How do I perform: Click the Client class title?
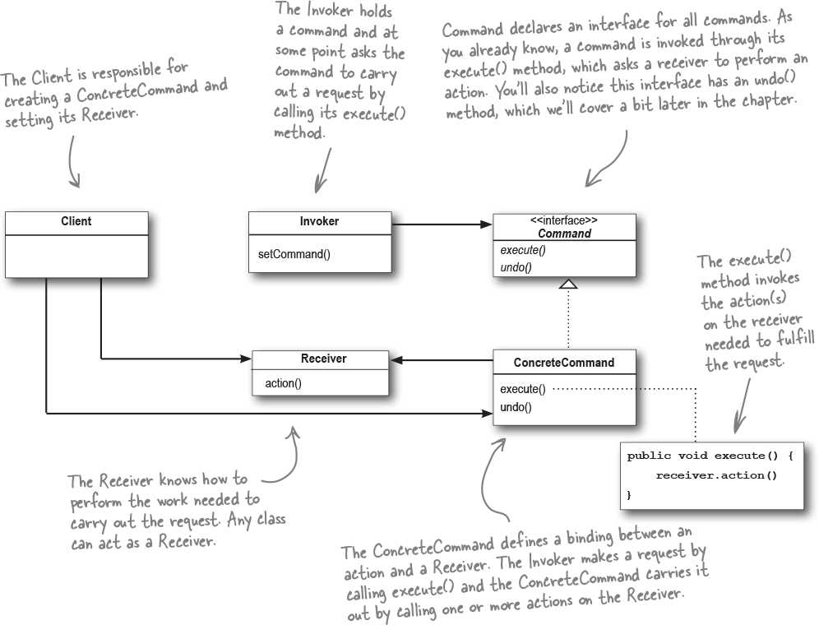coord(76,221)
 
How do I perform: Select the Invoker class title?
coord(319,221)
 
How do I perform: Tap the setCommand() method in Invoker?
coord(294,254)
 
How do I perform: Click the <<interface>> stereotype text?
coord(564,220)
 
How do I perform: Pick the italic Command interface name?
coord(565,233)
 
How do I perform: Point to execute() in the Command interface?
coord(523,250)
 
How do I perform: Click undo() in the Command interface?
coord(516,267)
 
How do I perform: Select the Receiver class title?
coord(323,359)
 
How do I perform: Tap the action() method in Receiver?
coord(283,383)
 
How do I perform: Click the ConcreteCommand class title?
coord(564,363)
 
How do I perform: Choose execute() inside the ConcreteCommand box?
coord(523,389)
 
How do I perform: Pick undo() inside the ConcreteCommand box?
coord(516,407)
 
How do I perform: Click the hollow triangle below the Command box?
coord(568,284)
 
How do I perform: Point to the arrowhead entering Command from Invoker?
coord(486,225)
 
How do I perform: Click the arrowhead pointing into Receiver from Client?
coord(246,359)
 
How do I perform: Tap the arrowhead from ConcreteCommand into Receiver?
coord(396,360)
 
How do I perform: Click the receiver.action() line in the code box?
coord(716,475)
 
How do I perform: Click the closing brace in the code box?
coord(629,494)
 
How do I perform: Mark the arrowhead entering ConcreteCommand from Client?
coord(486,414)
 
